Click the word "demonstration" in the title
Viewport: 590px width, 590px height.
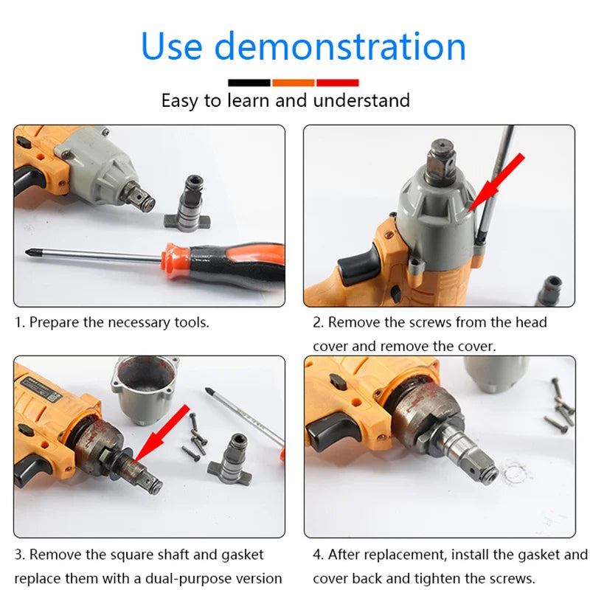coord(340,46)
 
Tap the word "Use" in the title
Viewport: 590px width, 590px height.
coord(172,46)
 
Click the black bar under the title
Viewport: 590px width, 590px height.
coord(249,83)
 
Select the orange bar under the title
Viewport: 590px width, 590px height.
coord(294,83)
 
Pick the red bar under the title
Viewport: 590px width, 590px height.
coord(337,83)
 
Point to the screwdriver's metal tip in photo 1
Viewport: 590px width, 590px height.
coord(33,251)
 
